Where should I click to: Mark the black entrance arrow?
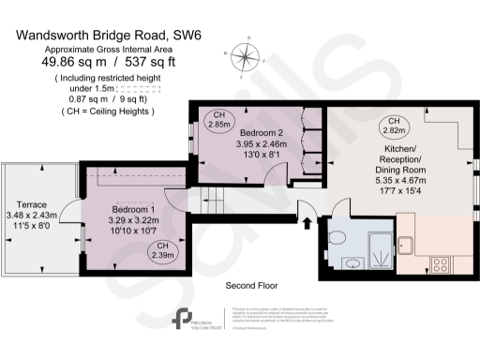307,223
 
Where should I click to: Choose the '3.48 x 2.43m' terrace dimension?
33,216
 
